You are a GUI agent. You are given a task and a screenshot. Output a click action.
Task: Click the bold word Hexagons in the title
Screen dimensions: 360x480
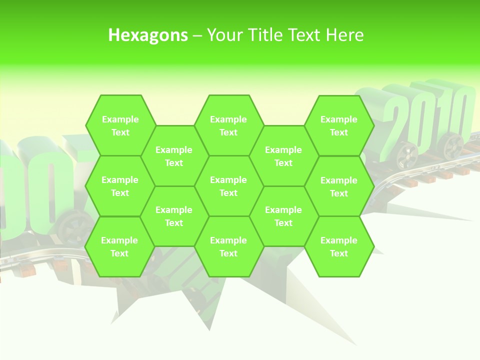pos(148,35)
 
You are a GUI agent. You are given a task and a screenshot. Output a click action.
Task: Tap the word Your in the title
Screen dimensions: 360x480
pos(223,35)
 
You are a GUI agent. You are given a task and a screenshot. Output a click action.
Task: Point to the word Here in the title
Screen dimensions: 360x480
pos(345,35)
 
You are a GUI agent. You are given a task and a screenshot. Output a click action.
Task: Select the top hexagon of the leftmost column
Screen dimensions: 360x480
pos(120,125)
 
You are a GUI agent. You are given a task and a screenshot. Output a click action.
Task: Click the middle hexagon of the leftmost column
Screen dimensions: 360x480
pos(120,186)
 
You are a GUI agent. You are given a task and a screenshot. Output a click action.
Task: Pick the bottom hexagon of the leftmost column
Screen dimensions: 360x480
pos(119,246)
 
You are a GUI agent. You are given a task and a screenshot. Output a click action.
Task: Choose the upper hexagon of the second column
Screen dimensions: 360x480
pos(174,156)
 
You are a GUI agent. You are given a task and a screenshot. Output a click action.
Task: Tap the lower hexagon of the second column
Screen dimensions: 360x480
pos(174,216)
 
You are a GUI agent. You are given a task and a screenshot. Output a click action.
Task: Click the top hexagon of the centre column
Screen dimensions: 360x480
pos(228,125)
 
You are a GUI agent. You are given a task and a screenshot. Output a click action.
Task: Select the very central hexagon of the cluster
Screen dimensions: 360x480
pos(228,186)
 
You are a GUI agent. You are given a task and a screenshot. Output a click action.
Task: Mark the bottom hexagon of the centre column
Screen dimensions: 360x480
pos(228,246)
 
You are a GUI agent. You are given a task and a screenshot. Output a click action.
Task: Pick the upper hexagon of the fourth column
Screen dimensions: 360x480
pos(283,156)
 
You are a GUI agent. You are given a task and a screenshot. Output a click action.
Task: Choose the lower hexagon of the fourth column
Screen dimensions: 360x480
pos(283,216)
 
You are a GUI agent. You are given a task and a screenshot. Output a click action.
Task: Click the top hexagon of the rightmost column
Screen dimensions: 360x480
pos(339,125)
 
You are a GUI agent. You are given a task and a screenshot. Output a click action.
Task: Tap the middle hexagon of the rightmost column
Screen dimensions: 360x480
pos(339,186)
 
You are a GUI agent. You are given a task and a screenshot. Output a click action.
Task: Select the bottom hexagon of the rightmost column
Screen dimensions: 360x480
pos(339,246)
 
